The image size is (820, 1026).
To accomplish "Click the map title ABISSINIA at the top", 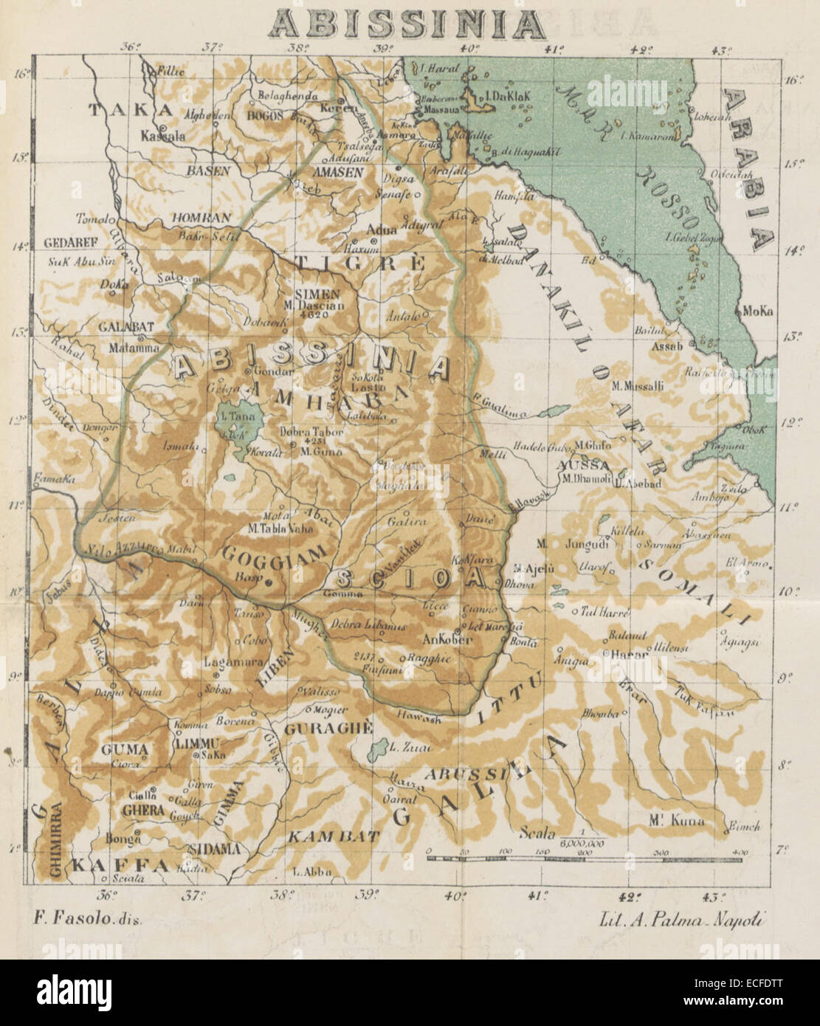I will pyautogui.click(x=407, y=24).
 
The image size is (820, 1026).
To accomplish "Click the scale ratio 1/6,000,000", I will pyautogui.click(x=582, y=836).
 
